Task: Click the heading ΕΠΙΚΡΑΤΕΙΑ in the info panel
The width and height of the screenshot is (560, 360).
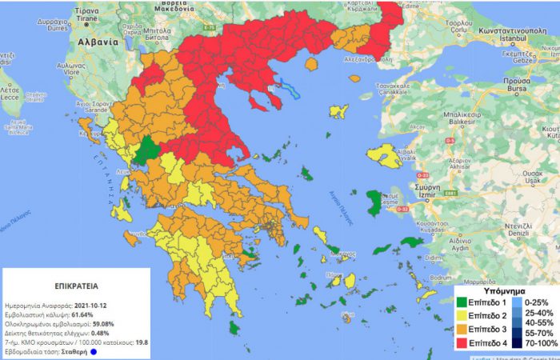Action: [55, 284]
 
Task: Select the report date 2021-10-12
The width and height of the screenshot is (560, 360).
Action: [97, 306]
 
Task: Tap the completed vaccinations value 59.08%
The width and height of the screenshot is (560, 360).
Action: [108, 324]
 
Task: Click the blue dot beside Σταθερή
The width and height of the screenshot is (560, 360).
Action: [94, 351]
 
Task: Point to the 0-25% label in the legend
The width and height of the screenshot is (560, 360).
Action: [535, 304]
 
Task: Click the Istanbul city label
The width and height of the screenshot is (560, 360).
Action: [522, 38]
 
